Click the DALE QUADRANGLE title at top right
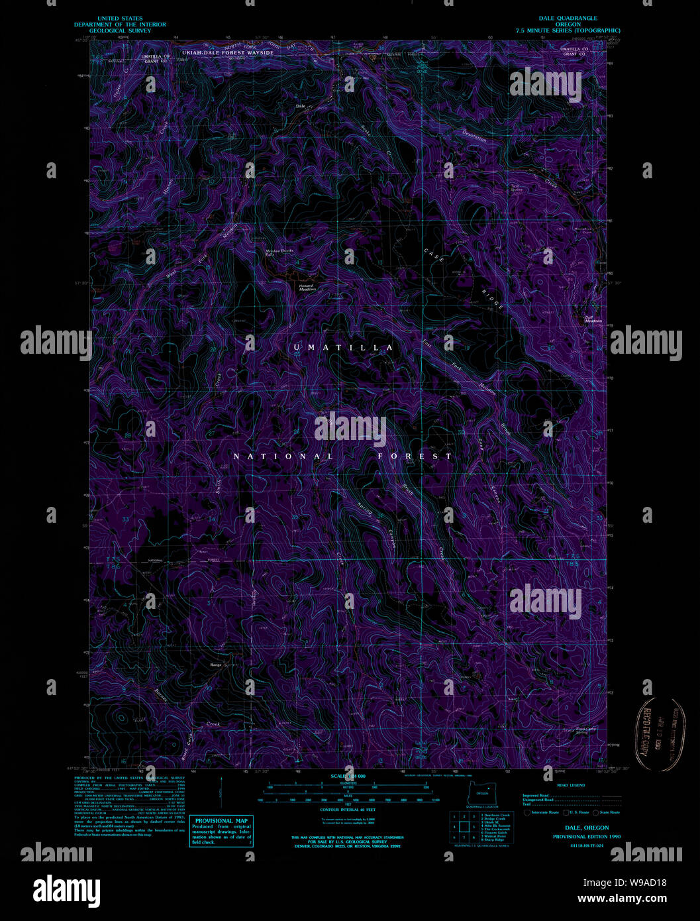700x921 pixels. pyautogui.click(x=568, y=19)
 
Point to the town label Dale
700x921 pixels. pyautogui.click(x=300, y=106)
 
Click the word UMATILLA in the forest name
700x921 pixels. pyautogui.click(x=343, y=348)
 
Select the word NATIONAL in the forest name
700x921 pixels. pyautogui.click(x=283, y=457)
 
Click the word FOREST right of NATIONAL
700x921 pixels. pyautogui.click(x=415, y=457)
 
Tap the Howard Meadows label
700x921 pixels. pyautogui.click(x=307, y=288)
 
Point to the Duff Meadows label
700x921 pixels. pyautogui.click(x=593, y=319)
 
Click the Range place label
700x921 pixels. pyautogui.click(x=216, y=665)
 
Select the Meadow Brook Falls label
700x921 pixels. pyautogui.click(x=279, y=252)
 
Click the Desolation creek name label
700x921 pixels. pyautogui.click(x=475, y=135)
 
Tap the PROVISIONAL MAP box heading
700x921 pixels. pyautogui.click(x=221, y=820)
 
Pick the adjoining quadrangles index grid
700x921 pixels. pyautogui.click(x=464, y=827)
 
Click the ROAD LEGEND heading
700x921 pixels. pyautogui.click(x=571, y=785)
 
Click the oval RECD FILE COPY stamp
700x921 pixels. pyautogui.click(x=660, y=734)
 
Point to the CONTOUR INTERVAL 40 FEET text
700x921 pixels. pyautogui.click(x=348, y=810)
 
